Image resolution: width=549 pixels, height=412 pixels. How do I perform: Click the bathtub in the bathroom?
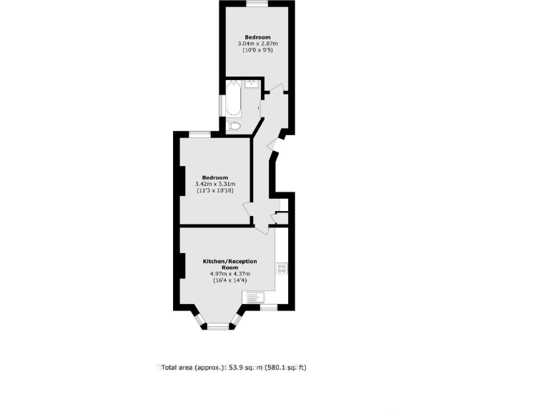click(x=234, y=99)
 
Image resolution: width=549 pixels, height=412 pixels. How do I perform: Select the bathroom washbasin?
click(x=251, y=84)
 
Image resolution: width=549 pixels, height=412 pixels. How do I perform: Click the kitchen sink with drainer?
click(x=254, y=297)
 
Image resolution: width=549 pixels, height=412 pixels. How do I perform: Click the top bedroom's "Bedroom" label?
click(x=257, y=37)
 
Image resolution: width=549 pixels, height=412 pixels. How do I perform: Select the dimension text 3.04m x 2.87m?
click(x=257, y=44)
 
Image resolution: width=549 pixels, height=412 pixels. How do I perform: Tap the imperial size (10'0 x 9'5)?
click(x=257, y=50)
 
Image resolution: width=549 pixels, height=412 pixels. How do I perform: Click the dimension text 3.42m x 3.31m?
click(x=214, y=184)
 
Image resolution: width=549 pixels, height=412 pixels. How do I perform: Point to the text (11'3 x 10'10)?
click(x=214, y=190)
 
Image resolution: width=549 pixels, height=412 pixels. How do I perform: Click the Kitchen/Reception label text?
click(x=229, y=264)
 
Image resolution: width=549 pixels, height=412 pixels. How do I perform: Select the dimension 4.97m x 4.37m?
click(x=229, y=274)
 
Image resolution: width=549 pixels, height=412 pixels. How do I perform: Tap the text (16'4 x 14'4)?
click(x=229, y=280)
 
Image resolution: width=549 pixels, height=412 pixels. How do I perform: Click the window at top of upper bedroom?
click(x=257, y=4)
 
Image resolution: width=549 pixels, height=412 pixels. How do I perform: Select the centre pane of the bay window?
click(x=218, y=327)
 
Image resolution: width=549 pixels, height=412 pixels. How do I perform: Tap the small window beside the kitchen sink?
click(x=269, y=308)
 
